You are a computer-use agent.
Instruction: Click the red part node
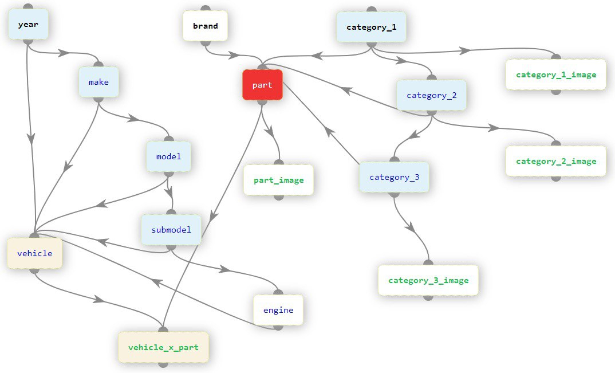point(262,85)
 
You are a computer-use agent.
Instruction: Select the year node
point(28,25)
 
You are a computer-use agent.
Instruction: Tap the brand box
point(205,26)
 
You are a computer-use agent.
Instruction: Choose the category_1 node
point(371,27)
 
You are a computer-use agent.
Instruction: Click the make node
point(98,82)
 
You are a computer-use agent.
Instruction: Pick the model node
point(168,156)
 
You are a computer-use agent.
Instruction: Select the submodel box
point(171,230)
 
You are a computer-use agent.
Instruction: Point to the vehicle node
point(34,253)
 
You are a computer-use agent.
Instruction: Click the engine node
point(278,310)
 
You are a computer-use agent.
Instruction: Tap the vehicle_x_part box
point(163,347)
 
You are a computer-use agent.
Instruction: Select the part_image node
point(278,180)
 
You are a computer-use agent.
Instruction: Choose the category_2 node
point(431,95)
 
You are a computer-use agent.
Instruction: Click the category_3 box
point(394,177)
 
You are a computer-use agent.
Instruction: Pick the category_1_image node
point(555,74)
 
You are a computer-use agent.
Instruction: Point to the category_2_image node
point(555,161)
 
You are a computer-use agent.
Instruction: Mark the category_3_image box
point(428,280)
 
